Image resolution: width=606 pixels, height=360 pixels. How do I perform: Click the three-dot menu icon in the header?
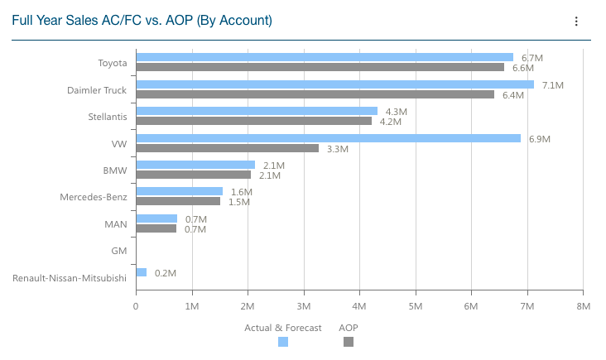coord(576,22)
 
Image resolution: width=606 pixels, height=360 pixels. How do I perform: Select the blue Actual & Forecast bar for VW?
coord(328,138)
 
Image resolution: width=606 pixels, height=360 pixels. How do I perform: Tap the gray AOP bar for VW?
coord(227,148)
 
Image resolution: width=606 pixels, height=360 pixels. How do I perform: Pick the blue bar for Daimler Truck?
coord(334,84)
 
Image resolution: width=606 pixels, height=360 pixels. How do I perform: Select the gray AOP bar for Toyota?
coord(320,68)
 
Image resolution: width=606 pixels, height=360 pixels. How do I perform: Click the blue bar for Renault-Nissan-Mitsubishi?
coord(142,272)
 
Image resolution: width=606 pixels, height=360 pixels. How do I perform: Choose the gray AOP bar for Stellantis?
coord(253,121)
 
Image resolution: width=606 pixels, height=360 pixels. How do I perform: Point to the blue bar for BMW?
coord(195,165)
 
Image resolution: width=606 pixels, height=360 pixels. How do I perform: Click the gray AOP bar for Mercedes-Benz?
coord(178,201)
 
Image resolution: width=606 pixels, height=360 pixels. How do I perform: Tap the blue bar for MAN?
coord(156,218)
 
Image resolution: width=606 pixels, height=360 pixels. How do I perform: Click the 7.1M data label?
coord(552,85)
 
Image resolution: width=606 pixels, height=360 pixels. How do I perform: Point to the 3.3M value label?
coord(338,149)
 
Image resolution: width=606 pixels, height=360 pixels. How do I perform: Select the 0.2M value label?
coord(166,273)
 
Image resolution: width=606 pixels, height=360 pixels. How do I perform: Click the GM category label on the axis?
coord(118,250)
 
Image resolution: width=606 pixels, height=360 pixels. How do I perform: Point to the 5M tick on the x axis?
coord(416,306)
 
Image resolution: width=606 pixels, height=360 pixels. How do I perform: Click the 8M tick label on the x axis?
coord(583,306)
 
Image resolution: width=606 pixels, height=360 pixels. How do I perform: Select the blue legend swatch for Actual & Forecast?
coord(283,342)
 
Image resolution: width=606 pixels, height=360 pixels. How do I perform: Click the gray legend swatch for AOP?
coord(349,342)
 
